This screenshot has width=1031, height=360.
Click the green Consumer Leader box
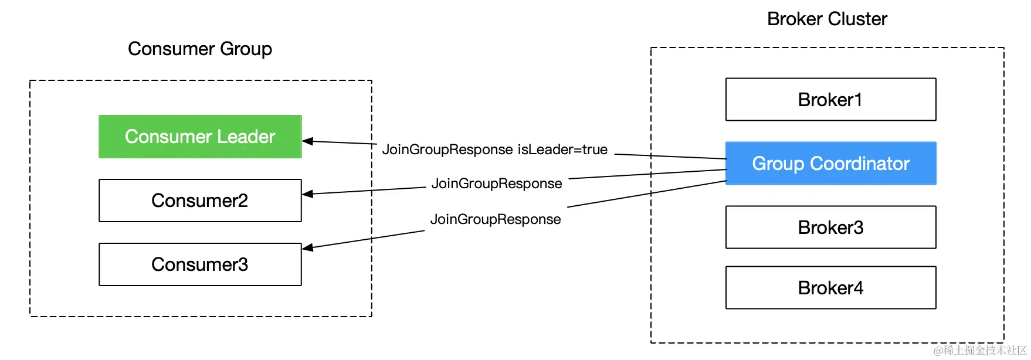pos(200,137)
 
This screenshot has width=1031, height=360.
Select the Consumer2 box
pos(200,201)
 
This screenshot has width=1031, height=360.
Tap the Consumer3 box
pos(200,264)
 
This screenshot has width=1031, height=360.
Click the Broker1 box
pos(830,100)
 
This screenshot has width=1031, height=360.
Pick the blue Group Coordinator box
pos(830,164)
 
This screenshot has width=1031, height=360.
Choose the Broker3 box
pos(830,227)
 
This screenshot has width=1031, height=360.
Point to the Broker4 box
pos(830,288)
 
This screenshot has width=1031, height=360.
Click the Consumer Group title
pos(200,49)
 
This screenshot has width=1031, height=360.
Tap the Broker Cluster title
pos(827,19)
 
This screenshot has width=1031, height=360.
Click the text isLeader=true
pos(562,150)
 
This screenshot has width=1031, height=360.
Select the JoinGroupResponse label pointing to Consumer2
pos(497,184)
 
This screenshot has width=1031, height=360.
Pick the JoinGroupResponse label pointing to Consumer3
pos(496,219)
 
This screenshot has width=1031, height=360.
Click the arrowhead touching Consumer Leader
pos(307,141)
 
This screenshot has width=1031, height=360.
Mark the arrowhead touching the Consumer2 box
pos(307,193)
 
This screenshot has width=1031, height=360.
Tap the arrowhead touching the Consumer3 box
pos(307,247)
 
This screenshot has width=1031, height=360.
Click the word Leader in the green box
pos(246,137)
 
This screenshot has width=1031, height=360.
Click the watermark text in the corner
pos(980,350)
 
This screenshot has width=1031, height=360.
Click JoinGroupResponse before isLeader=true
pos(447,150)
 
